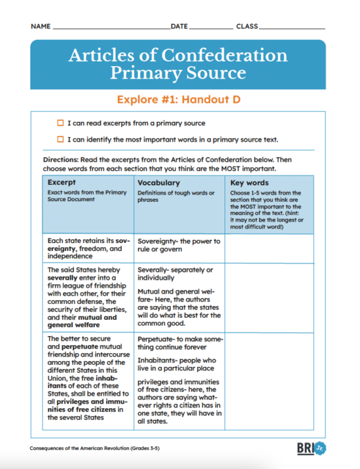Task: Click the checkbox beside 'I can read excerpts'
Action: click(x=60, y=123)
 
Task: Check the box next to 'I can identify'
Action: click(x=60, y=139)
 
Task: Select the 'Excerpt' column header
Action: click(x=62, y=183)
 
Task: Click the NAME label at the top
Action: click(x=40, y=27)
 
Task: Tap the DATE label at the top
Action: click(x=179, y=27)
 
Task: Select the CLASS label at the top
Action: click(x=247, y=27)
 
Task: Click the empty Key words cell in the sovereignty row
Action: click(x=270, y=248)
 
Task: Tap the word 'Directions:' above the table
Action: click(x=62, y=160)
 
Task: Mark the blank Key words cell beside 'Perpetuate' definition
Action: click(x=270, y=380)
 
